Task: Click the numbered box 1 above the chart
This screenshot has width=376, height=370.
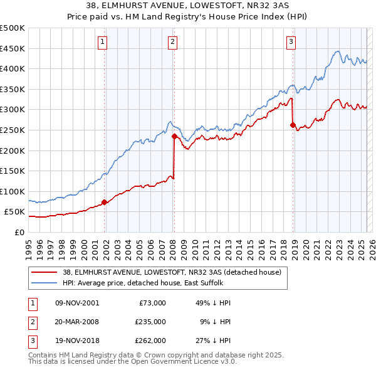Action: [x=102, y=43]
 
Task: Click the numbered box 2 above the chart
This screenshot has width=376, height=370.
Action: [x=172, y=43]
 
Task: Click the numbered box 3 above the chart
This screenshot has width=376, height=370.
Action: [x=291, y=43]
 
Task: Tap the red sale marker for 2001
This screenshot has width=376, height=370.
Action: [x=104, y=202]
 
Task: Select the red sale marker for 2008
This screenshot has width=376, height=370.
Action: [x=174, y=135]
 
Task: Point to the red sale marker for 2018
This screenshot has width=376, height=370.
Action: [x=293, y=125]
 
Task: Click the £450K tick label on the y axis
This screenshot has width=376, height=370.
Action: [x=13, y=48]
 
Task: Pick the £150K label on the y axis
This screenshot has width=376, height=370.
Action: [x=13, y=171]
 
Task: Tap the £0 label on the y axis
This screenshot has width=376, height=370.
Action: [x=19, y=232]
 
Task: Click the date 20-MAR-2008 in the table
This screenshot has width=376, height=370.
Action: [x=76, y=322]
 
